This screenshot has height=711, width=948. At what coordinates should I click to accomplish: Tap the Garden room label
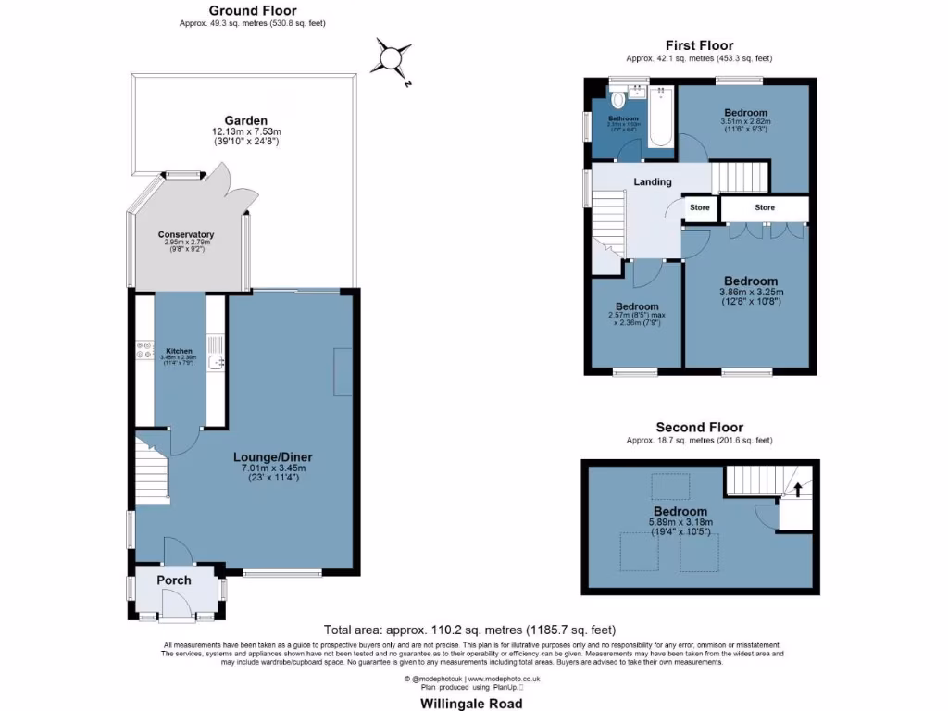(245, 120)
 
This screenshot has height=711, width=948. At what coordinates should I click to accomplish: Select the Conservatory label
(185, 235)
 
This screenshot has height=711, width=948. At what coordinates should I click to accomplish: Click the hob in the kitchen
(144, 349)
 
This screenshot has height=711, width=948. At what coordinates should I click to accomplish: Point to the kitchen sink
(215, 363)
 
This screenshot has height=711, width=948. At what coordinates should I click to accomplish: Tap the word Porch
(174, 580)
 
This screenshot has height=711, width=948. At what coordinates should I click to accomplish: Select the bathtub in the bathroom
(660, 118)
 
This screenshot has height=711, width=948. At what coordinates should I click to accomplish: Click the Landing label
(652, 182)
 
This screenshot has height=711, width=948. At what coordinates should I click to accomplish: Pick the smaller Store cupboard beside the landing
(699, 208)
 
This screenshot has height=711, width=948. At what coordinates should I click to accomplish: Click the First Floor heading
(699, 45)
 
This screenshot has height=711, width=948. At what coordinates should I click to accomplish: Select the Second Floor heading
(699, 428)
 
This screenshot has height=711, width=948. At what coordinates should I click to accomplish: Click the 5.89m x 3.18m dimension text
(680, 523)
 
